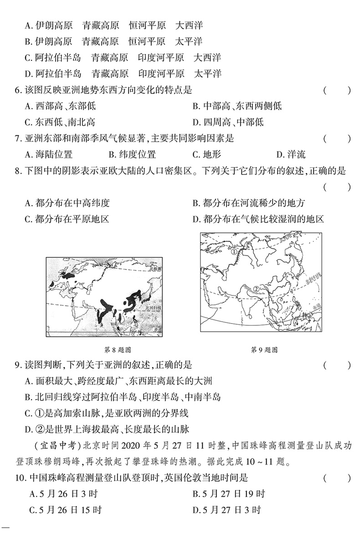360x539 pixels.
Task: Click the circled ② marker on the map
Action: [256, 288]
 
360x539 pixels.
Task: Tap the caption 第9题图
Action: [264, 350]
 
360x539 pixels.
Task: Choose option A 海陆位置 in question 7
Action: [48, 154]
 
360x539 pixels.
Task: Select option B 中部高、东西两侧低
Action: [237, 106]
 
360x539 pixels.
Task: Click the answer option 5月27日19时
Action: [228, 493]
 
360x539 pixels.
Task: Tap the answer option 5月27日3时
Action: [226, 509]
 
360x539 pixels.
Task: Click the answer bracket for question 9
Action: [337, 365]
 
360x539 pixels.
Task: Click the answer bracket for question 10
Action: [337, 478]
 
